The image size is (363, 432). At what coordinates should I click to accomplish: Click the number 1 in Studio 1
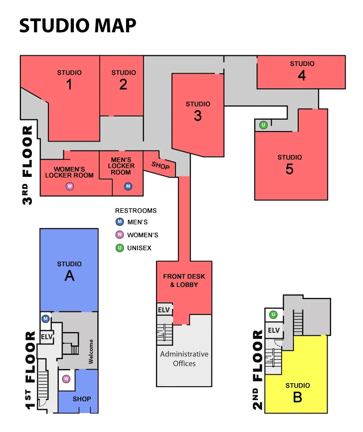[x=69, y=85]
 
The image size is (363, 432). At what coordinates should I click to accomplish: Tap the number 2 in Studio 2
[x=123, y=85]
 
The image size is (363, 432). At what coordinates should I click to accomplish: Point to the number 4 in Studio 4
[x=302, y=75]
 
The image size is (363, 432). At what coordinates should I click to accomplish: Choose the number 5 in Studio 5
[x=289, y=169]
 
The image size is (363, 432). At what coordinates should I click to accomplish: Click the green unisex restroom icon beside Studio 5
[x=263, y=125]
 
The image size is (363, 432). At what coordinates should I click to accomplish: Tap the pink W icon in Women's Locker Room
[x=70, y=186]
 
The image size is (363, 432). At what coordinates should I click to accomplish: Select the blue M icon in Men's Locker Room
[x=128, y=186]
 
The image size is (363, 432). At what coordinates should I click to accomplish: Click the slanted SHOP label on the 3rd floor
[x=161, y=165]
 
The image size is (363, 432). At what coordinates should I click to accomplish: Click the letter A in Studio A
[x=69, y=276]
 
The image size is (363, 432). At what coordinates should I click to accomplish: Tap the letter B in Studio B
[x=297, y=398]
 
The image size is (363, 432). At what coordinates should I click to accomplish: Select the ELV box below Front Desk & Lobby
[x=164, y=310]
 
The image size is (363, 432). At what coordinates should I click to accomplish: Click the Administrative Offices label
[x=184, y=359]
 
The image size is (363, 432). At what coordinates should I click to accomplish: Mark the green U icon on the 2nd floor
[x=273, y=314]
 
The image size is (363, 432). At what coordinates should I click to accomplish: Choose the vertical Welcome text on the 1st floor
[x=91, y=352]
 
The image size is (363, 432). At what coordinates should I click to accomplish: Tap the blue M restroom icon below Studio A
[x=46, y=318]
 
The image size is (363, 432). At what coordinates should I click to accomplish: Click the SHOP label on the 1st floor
[x=82, y=399]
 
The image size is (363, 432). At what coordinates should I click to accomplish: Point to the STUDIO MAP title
[x=78, y=25]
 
